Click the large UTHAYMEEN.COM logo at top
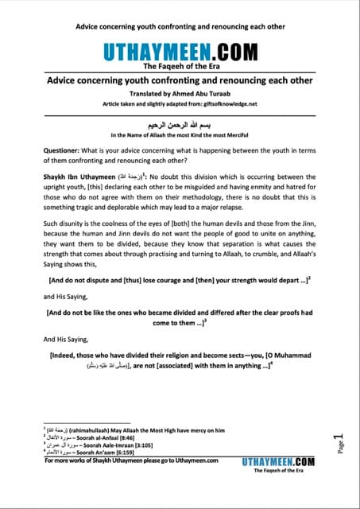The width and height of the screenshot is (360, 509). (180, 53)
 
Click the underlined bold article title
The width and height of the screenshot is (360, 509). (180, 80)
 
